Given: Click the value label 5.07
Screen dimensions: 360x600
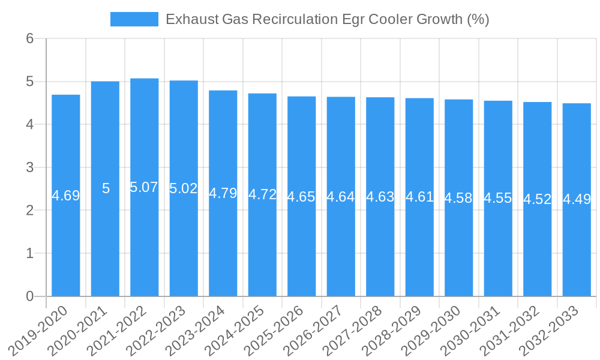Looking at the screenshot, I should coord(144,187).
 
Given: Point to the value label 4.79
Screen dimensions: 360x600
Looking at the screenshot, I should coord(223,193).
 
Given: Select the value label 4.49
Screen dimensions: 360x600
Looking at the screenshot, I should coord(577,199).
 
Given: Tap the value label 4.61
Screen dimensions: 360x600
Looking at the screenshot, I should coord(419,196).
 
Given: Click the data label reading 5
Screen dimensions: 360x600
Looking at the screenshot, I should coord(106,188).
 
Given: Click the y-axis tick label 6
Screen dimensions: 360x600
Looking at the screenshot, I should coord(30,38).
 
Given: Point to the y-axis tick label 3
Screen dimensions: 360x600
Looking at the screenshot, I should coord(30,167).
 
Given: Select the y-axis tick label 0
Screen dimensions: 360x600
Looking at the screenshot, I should coord(30,296).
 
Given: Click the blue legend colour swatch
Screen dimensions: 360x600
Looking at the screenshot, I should coord(134,19).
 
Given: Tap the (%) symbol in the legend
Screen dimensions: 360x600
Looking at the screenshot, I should coord(478,19).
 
